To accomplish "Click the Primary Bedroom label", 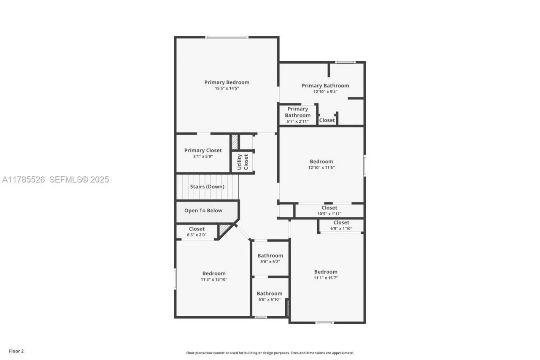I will click(x=227, y=82).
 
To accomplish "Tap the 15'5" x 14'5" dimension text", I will click(x=227, y=89).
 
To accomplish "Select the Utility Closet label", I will click(x=243, y=161).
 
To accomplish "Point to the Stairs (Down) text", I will click(x=207, y=187).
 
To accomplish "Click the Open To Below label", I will click(x=203, y=211).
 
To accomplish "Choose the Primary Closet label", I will click(x=203, y=150).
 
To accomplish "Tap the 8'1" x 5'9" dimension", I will click(x=203, y=157).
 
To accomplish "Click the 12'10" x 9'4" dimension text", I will click(x=325, y=92).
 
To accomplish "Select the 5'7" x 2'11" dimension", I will click(x=297, y=122).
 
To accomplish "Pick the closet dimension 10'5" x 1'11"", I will click(x=329, y=214).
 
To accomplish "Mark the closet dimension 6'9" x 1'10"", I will click(x=341, y=228).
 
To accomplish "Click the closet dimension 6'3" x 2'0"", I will click(x=197, y=235).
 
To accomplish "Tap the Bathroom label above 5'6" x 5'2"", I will click(x=270, y=255).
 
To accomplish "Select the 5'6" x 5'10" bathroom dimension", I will click(x=269, y=300).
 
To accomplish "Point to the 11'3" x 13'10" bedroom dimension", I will click(x=214, y=279).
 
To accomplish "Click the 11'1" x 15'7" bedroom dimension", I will click(x=326, y=278).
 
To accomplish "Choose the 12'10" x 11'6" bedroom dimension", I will click(x=321, y=168).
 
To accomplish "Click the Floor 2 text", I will click(x=16, y=351).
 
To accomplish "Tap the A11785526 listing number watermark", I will click(x=24, y=179).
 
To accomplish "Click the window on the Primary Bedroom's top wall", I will click(x=227, y=38).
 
